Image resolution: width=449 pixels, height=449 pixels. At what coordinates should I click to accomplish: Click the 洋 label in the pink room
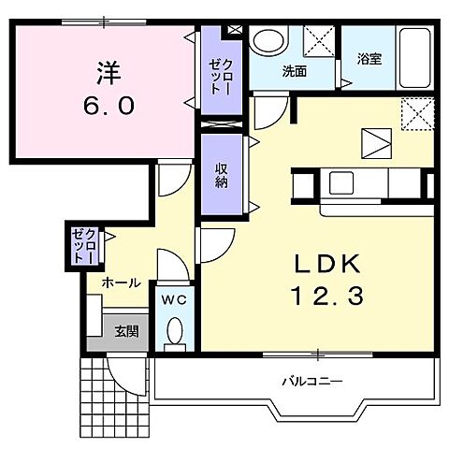point(109,73)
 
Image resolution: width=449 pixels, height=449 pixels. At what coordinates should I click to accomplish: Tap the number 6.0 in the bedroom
point(109,106)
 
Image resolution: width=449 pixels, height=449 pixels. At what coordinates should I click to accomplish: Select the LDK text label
point(327,264)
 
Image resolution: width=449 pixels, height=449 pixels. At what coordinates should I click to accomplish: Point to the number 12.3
point(327,296)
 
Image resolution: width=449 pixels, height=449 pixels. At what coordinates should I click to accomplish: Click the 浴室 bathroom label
point(369,59)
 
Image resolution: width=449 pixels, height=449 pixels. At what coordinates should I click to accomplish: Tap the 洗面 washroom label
point(295,71)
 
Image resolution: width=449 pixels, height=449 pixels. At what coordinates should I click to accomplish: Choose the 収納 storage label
point(222,176)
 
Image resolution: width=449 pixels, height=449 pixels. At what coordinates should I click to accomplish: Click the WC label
point(174,300)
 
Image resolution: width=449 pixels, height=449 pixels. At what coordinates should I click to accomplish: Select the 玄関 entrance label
point(126,331)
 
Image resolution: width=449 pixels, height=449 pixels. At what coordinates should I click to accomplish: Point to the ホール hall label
point(122,283)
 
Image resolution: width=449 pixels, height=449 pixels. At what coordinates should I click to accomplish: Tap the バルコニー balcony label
point(312,381)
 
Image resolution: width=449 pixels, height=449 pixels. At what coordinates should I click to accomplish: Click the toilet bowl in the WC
point(175,331)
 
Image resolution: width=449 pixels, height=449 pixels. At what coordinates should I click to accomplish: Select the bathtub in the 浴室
point(414,58)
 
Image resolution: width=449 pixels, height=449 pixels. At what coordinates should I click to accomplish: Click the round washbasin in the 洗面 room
point(268,41)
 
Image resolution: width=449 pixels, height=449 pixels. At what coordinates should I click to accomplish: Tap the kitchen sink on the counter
point(341,183)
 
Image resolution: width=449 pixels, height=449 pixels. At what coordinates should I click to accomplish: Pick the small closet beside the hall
point(83,246)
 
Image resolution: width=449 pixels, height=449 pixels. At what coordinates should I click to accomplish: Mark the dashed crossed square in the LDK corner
point(417,114)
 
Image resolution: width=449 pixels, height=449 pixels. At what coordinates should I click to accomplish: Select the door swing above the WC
point(173,265)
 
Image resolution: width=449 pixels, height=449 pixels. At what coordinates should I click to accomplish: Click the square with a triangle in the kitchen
point(376,143)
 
